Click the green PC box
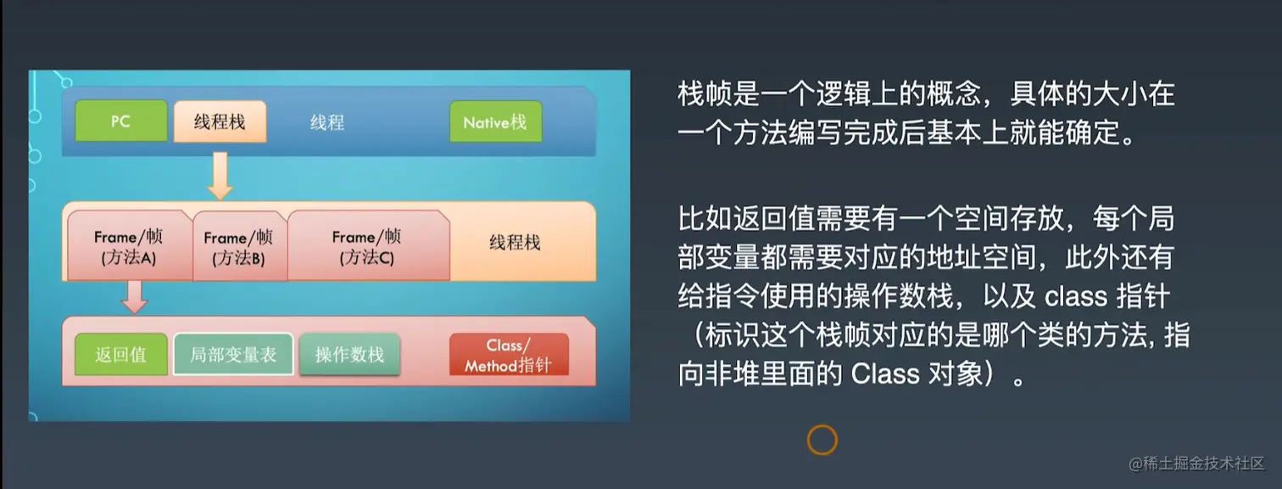pyautogui.click(x=120, y=121)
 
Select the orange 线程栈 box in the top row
pyautogui.click(x=220, y=121)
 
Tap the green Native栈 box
pyautogui.click(x=495, y=121)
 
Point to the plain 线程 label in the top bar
pyautogui.click(x=327, y=122)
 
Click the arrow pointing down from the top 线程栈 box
pyautogui.click(x=220, y=176)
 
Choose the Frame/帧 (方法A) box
pyautogui.click(x=130, y=246)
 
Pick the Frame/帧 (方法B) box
pyautogui.click(x=240, y=246)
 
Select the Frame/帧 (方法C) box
pyautogui.click(x=368, y=246)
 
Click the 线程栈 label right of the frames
pyautogui.click(x=515, y=243)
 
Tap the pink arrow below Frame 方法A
pyautogui.click(x=135, y=297)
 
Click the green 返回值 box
pyautogui.click(x=120, y=354)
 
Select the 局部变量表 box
pyautogui.click(x=233, y=354)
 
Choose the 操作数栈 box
pyautogui.click(x=349, y=354)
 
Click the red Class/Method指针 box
pyautogui.click(x=509, y=354)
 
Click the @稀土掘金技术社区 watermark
pyautogui.click(x=1196, y=464)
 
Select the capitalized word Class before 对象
pyautogui.click(x=885, y=374)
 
